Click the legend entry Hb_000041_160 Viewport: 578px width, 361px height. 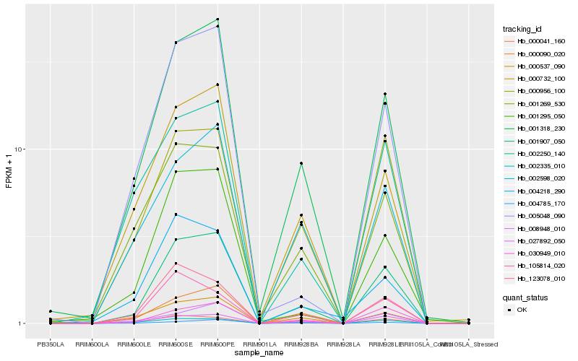click(x=535, y=41)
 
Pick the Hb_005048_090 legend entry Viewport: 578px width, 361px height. click(x=535, y=216)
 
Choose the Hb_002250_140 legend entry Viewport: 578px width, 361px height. click(x=535, y=154)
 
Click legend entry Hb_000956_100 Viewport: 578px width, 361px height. click(x=535, y=91)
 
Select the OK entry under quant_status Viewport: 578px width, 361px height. click(x=522, y=310)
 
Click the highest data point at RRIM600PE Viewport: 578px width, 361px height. click(x=217, y=19)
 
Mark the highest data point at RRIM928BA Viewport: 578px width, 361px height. click(x=301, y=163)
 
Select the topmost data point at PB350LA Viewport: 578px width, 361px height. click(x=51, y=311)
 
